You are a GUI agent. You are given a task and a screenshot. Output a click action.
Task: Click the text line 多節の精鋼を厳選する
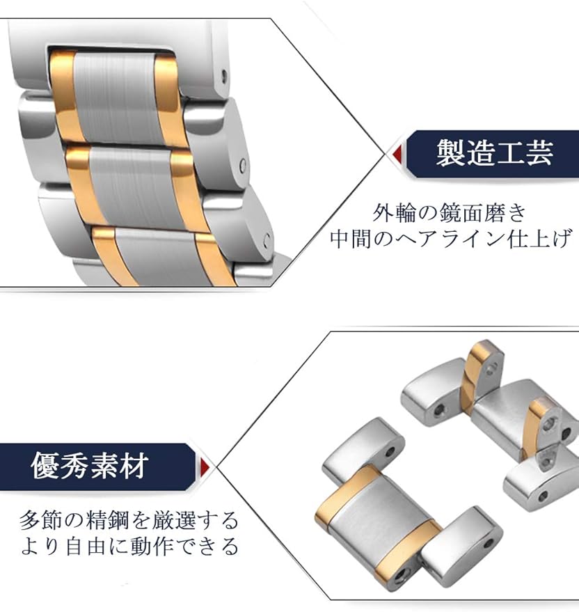129,519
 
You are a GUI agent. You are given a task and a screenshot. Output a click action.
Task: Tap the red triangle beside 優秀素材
207,466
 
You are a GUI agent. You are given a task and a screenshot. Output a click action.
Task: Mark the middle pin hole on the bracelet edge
241,166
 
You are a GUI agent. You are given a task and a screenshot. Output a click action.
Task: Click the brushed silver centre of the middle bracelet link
129,185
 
